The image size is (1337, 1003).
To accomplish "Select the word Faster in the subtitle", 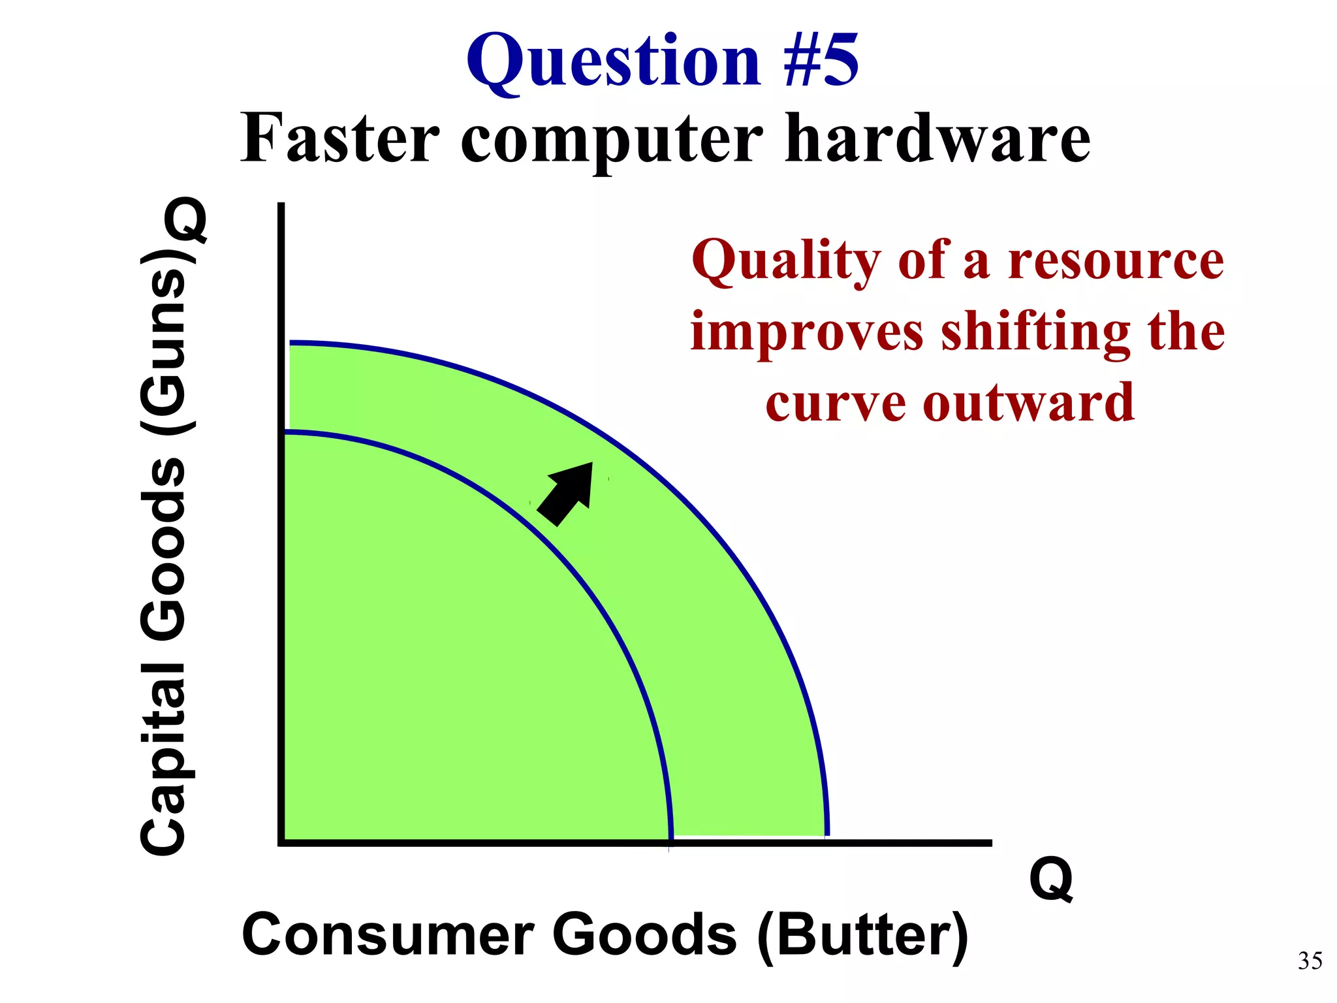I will [x=339, y=138].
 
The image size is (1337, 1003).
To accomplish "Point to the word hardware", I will [x=937, y=138].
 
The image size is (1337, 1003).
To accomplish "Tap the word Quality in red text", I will [x=786, y=261].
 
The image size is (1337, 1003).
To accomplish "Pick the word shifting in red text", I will [x=1035, y=332].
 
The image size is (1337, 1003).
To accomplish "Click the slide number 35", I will [x=1310, y=961].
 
